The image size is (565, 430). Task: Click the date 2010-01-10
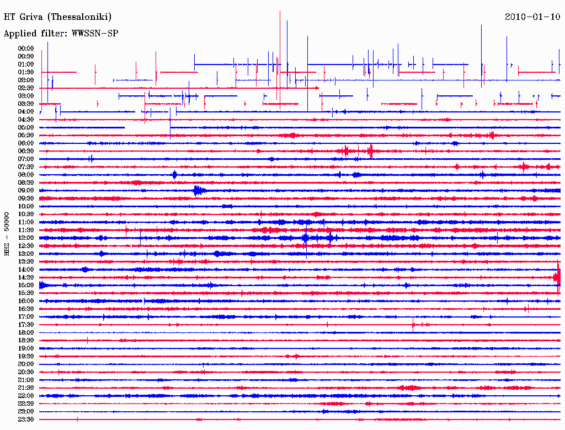tap(532, 17)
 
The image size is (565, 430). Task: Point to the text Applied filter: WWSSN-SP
tap(61, 34)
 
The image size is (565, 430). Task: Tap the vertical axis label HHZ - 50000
tap(7, 234)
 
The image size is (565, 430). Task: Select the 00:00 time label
tap(26, 49)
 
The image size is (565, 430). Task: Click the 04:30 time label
tap(26, 120)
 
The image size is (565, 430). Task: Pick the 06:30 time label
tap(26, 151)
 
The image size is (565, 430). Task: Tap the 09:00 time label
tap(26, 190)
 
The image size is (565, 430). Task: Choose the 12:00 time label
tap(26, 238)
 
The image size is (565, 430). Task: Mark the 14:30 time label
tap(26, 277)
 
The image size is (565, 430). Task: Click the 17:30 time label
tap(26, 325)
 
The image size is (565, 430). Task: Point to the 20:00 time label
tap(26, 364)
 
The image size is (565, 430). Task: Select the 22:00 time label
tap(26, 396)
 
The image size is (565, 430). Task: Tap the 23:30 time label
tap(26, 420)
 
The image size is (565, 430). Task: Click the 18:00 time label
tap(26, 332)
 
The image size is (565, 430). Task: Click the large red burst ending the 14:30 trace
tap(558, 277)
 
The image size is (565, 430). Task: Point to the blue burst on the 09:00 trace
tap(198, 191)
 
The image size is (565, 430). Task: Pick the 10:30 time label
tap(26, 214)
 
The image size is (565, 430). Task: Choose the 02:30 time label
tap(26, 88)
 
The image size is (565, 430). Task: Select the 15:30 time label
tap(26, 293)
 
